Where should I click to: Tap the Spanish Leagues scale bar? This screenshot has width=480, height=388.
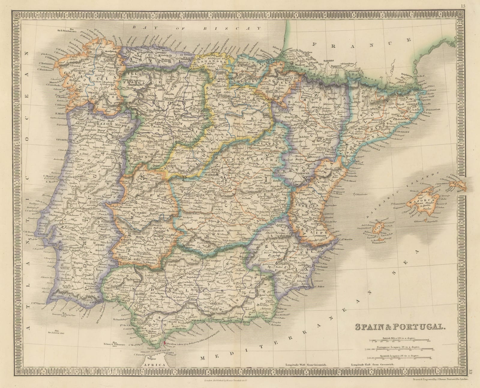pyautogui.click(x=400, y=357)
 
